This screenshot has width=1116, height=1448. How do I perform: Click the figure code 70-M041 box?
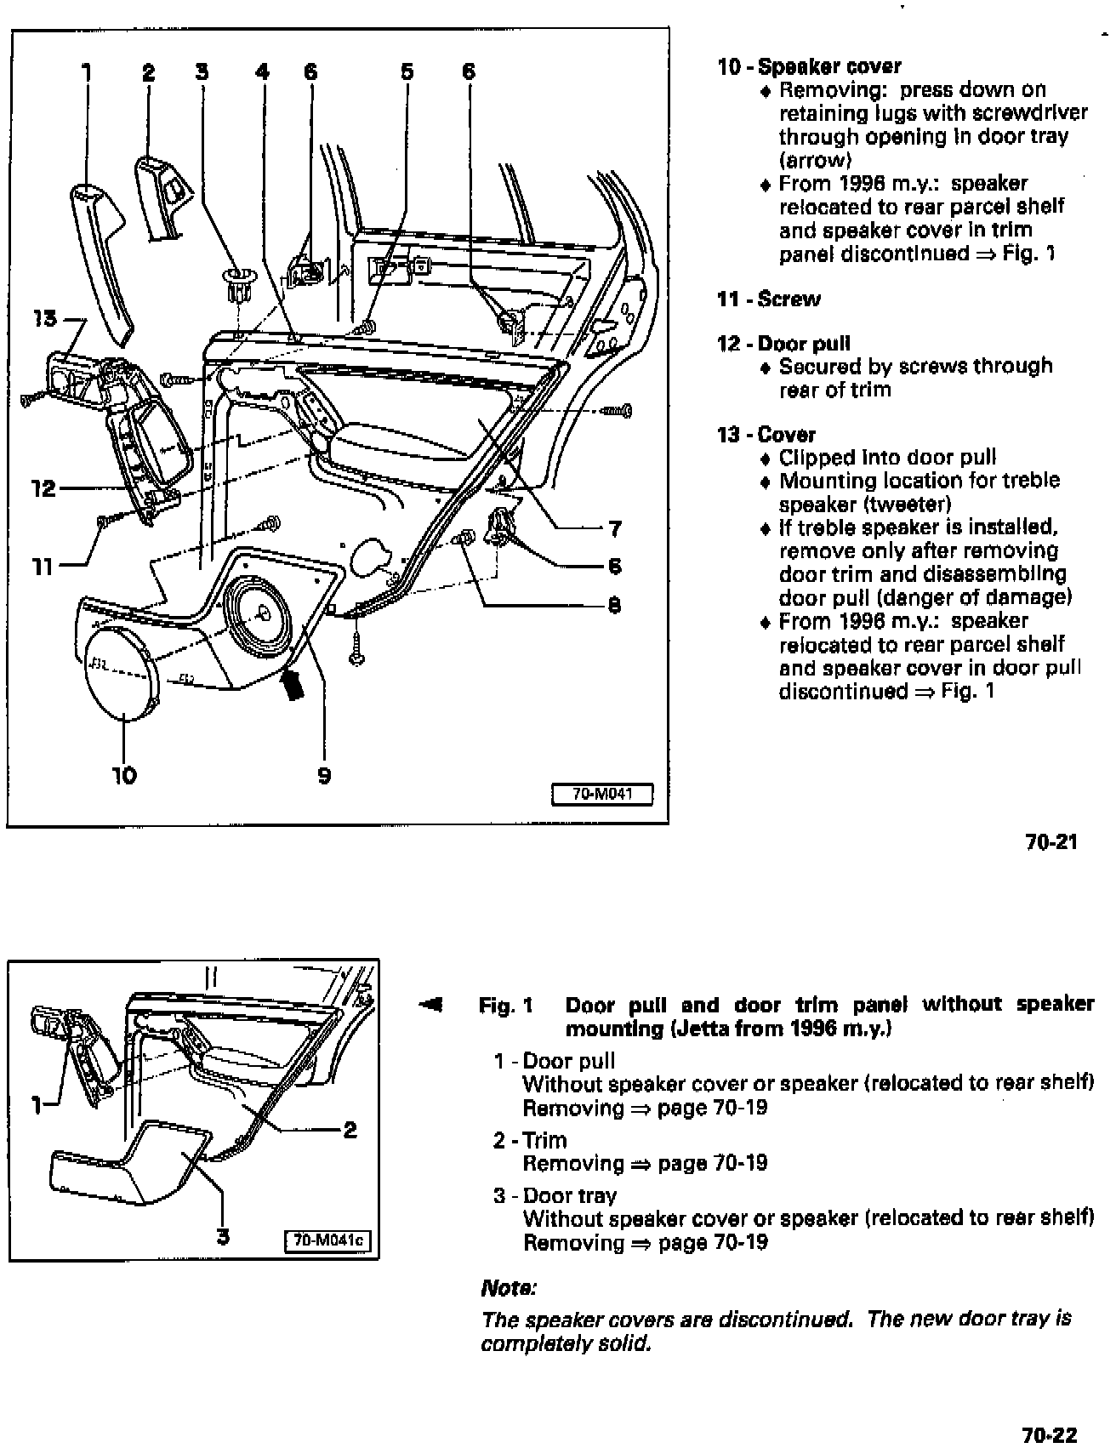pyautogui.click(x=602, y=795)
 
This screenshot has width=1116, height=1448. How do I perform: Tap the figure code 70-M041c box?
pyautogui.click(x=328, y=1240)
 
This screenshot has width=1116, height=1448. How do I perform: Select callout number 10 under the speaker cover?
pyautogui.click(x=124, y=775)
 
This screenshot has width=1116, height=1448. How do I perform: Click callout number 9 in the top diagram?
pyautogui.click(x=324, y=775)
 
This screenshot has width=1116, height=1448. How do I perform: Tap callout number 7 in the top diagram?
pyautogui.click(x=614, y=529)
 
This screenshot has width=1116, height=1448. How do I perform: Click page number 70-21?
pyautogui.click(x=1051, y=842)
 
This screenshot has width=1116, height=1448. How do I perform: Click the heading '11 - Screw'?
pyautogui.click(x=769, y=299)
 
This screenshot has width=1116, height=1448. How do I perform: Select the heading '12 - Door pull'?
pyautogui.click(x=783, y=344)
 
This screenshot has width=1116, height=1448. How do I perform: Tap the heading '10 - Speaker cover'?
pyautogui.click(x=809, y=66)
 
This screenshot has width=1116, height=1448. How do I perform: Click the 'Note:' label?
pyautogui.click(x=508, y=1288)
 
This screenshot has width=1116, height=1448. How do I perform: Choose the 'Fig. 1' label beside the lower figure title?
pyautogui.click(x=505, y=1006)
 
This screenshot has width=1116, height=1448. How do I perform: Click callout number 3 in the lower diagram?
pyautogui.click(x=223, y=1236)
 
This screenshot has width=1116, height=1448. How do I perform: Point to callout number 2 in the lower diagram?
pyautogui.click(x=350, y=1130)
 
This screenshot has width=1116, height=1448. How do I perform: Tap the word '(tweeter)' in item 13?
pyautogui.click(x=908, y=504)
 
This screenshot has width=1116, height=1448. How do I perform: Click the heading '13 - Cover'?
pyautogui.click(x=766, y=435)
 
